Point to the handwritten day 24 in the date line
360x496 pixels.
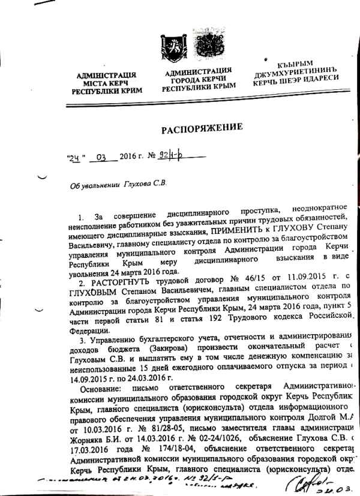[74, 158]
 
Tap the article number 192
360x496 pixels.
[209, 320]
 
